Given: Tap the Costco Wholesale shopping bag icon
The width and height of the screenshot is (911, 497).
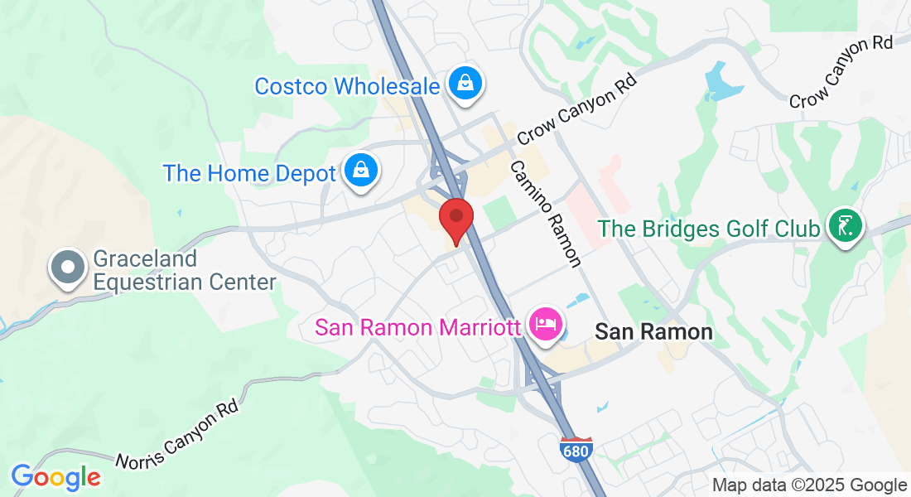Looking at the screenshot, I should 466,83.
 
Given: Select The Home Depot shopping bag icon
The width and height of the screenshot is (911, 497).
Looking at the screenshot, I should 361,171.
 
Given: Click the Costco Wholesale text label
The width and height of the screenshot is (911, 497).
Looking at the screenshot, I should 347,86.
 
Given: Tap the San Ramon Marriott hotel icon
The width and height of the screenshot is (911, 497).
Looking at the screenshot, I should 545,322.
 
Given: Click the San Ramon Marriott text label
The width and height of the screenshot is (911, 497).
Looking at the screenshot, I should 419,328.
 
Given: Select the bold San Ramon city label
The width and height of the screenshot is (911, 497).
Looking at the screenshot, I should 653,332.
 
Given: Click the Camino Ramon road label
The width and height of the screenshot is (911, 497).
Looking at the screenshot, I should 544,214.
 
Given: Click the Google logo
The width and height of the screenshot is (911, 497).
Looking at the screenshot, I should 55,477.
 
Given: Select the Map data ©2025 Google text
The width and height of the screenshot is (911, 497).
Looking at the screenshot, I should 809,485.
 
